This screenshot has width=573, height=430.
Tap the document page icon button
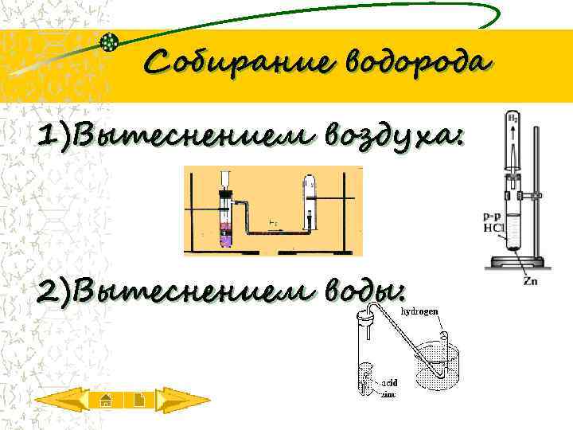click(x=138, y=400)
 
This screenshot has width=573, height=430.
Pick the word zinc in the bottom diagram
click(x=388, y=393)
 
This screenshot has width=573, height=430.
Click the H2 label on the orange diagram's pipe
click(x=274, y=222)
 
